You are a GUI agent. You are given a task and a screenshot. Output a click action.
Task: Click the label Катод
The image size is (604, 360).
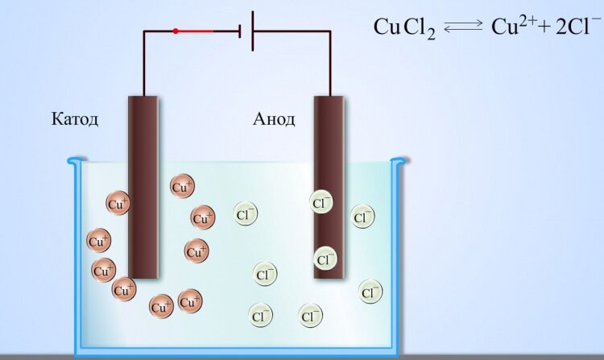coord(75,119)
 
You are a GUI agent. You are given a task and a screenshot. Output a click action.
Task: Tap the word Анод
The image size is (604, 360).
coord(274,119)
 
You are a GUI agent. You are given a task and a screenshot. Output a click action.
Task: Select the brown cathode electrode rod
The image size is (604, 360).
coord(143,187)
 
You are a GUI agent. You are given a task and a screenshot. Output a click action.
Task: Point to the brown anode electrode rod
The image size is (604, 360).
coord(329,187)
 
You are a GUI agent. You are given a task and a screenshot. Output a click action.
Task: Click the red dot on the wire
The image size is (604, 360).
coord(176,31)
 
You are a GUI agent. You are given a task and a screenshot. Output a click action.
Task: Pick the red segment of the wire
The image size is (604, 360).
coord(195,31)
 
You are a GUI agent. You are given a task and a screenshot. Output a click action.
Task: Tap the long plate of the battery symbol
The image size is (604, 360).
coord(253,31)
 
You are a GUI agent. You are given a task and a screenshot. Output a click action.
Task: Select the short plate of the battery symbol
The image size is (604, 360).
coord(240,31)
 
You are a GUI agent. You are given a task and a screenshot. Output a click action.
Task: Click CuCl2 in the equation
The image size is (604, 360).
coord(404,27)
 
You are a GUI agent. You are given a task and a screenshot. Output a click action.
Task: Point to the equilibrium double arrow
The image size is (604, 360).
coord(463,27)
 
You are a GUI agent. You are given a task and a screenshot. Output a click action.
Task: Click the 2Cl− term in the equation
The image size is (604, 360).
coord(573,27)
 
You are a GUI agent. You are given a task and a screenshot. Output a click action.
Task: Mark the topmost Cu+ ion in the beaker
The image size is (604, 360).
coord(182,186)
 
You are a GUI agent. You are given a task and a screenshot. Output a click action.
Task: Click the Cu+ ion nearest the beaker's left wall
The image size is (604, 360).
coord(99,241)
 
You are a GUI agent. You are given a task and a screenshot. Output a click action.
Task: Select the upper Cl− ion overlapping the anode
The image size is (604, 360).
coord(321,202)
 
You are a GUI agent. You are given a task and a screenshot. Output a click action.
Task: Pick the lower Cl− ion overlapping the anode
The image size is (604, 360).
coord(325,259)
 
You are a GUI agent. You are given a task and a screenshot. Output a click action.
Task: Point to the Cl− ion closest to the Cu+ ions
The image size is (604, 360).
coord(246,213)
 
